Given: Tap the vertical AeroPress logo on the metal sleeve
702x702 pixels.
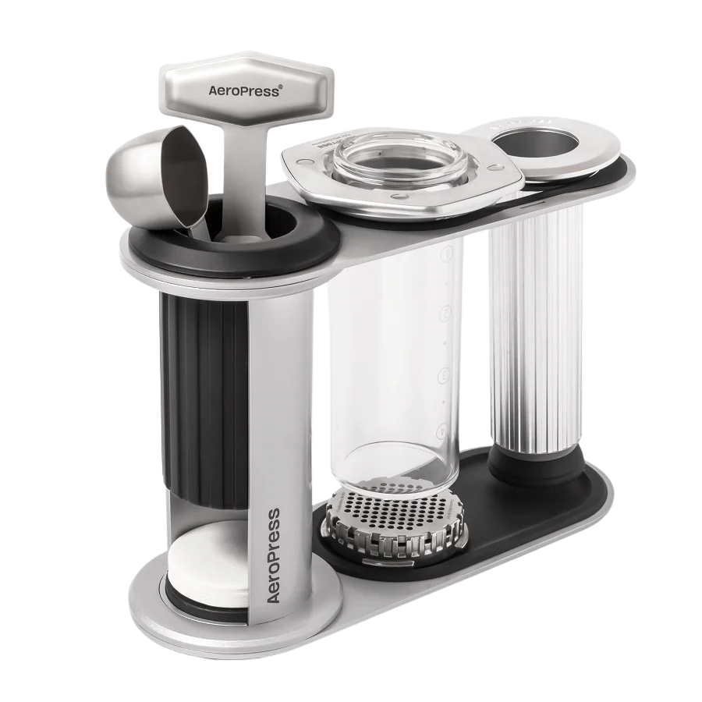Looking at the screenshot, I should point(272,555).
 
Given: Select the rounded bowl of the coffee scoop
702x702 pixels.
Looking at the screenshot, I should point(140,168).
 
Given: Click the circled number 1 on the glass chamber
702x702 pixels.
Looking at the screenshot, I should point(447,253).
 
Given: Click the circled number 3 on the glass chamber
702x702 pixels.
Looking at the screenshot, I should point(445,371).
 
